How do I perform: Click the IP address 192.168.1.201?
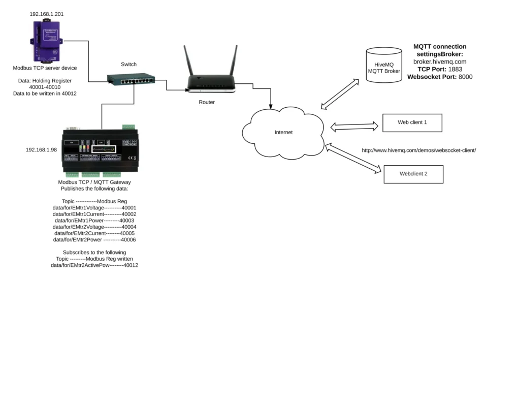[46, 14]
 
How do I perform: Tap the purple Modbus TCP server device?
[46, 41]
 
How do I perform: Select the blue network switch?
[131, 79]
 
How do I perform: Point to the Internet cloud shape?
[283, 132]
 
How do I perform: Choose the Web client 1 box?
[412, 122]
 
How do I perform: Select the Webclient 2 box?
[413, 174]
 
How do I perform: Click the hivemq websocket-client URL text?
[418, 150]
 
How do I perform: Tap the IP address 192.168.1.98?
[42, 150]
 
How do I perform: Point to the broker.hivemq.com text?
[440, 61]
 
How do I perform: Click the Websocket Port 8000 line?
[440, 77]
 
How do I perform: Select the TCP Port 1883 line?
[440, 69]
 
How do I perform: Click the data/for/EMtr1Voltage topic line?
[94, 208]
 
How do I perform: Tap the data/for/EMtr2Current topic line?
[94, 233]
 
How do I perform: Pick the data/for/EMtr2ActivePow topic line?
[94, 265]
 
